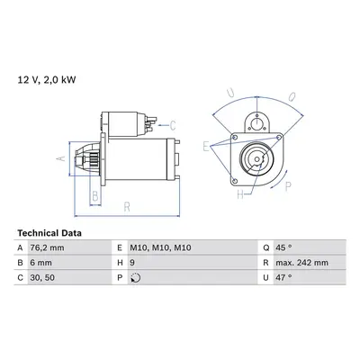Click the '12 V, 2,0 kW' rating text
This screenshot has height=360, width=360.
pos(47,80)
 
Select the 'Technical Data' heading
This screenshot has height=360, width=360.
pos(49,233)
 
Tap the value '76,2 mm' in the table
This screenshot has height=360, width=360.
pos(47,247)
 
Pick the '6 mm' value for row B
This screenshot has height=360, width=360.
pos(40,263)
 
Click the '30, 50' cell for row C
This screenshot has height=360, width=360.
pos(42,277)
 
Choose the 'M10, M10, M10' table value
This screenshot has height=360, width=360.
pos(160,247)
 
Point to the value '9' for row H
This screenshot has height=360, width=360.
pos(132,263)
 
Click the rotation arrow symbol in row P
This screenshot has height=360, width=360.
pos(136,278)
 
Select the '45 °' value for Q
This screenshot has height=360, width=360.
pos(283,247)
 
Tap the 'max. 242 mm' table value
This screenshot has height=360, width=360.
pos(301,263)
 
